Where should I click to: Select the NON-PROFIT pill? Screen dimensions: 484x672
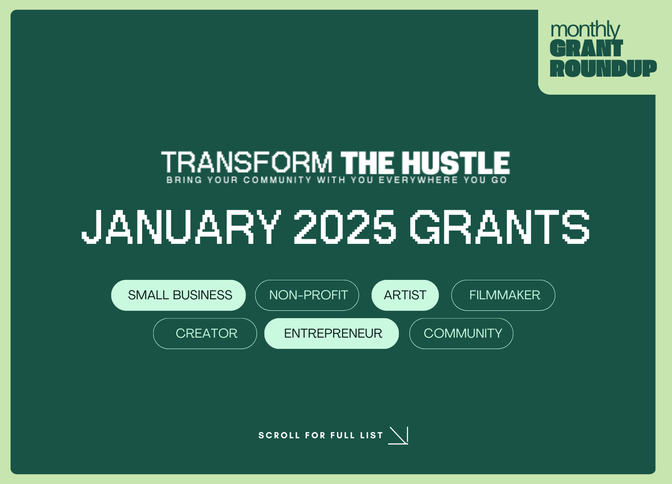click(x=307, y=295)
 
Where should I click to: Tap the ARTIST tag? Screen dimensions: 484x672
click(x=405, y=295)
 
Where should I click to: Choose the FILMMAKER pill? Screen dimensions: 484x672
click(x=503, y=295)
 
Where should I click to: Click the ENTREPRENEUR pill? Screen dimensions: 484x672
click(x=331, y=333)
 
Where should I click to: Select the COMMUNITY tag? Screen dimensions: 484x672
click(x=461, y=333)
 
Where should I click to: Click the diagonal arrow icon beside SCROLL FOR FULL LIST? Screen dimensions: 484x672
click(x=399, y=436)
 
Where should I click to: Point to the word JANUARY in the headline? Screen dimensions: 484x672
click(x=181, y=226)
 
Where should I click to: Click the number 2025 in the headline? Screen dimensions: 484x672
click(x=345, y=226)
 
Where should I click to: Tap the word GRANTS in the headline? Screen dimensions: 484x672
click(x=499, y=226)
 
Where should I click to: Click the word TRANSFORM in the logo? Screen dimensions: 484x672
click(x=247, y=163)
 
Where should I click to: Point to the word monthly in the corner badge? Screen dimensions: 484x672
click(x=585, y=30)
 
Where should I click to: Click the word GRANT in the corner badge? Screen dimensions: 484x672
click(x=586, y=48)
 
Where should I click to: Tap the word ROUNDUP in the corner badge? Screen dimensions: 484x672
click(x=603, y=68)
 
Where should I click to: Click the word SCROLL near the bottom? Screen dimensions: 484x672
click(x=279, y=436)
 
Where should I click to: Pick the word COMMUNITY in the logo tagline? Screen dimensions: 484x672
click(x=277, y=180)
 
